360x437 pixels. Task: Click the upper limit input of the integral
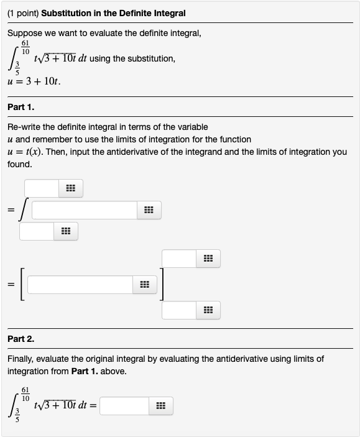click(x=42, y=188)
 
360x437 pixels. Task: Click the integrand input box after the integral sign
click(x=85, y=210)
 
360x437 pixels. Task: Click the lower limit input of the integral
click(x=37, y=232)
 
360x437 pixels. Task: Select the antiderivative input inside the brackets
click(x=80, y=285)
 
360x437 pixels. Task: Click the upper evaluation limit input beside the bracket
click(x=179, y=259)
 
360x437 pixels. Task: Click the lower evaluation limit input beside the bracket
click(x=179, y=310)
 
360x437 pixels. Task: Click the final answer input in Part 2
click(x=124, y=407)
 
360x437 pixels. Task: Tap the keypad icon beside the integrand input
click(x=148, y=210)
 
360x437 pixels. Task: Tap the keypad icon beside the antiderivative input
click(x=144, y=285)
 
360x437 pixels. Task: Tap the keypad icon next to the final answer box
click(x=160, y=407)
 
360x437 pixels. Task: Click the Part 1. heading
click(x=21, y=107)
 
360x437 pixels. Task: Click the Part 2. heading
click(x=21, y=339)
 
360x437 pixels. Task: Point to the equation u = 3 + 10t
click(x=33, y=81)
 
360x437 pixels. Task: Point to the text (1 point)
click(x=23, y=12)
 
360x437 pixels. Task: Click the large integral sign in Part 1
click(x=23, y=209)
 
